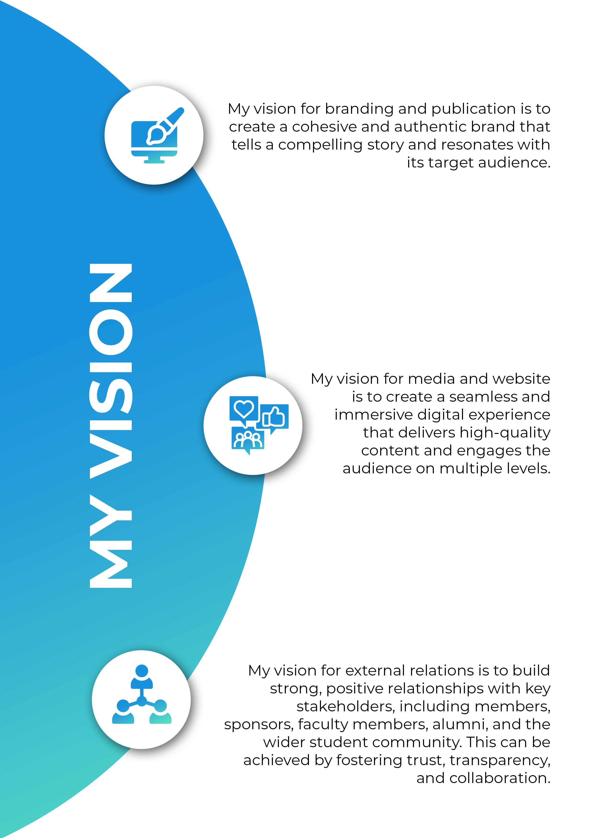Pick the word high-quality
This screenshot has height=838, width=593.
click(505, 433)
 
